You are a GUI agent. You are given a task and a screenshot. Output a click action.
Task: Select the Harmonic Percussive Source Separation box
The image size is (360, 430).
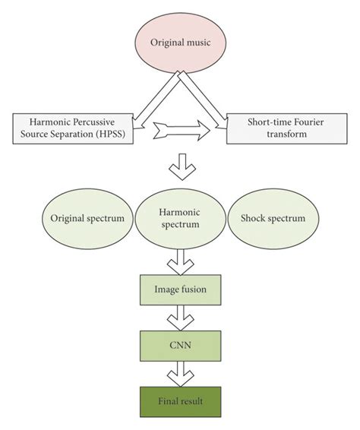click(x=72, y=126)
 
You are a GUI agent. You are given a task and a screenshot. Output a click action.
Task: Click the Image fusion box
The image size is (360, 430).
click(x=181, y=289)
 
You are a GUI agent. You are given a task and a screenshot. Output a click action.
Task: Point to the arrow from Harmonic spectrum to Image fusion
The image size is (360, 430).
click(x=181, y=262)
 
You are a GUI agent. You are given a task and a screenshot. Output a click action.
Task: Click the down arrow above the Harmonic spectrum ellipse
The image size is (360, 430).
click(x=181, y=164)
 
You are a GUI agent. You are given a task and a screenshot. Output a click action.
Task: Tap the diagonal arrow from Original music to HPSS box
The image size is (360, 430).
click(x=156, y=96)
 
